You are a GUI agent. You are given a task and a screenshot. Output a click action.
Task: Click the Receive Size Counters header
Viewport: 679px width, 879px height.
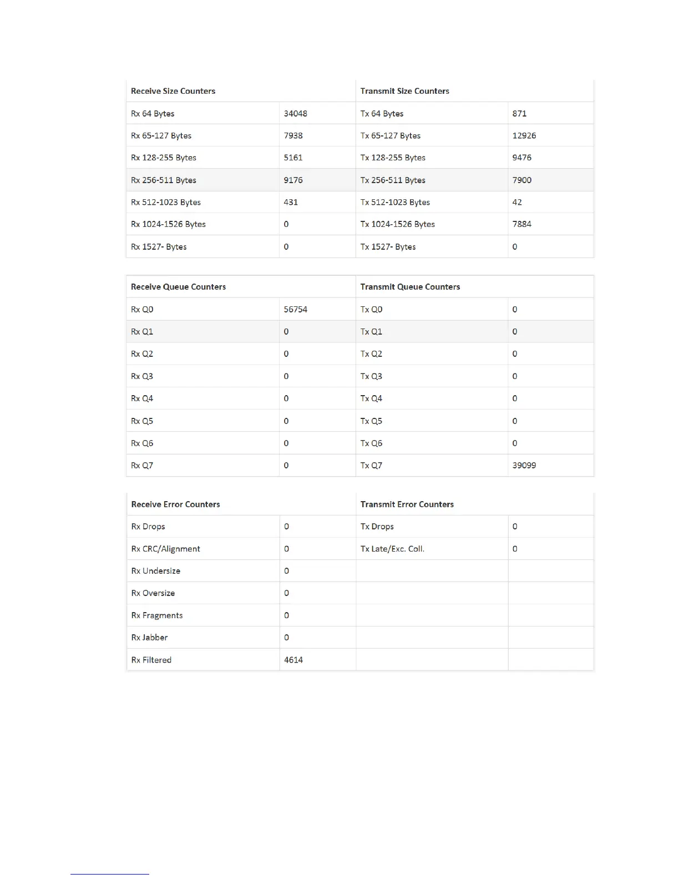pos(173,91)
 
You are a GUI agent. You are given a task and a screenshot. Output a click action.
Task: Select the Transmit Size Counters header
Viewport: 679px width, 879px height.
pos(404,91)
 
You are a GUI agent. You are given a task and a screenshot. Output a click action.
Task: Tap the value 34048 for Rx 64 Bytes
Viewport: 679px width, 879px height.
pos(295,114)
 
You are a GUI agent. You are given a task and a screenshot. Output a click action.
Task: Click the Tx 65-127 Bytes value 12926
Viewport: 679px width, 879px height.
pos(524,136)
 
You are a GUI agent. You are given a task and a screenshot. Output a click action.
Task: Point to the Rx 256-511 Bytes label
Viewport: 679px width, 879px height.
pos(164,180)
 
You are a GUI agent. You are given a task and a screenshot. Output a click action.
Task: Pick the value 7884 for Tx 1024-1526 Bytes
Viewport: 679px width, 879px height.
pos(521,224)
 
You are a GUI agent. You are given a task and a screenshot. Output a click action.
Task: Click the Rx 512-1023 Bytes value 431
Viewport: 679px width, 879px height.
pos(291,203)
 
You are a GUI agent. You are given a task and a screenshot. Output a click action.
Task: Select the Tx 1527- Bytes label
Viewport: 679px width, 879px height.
pos(388,247)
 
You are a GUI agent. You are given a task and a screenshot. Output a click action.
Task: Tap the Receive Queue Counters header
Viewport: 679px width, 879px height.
pos(178,287)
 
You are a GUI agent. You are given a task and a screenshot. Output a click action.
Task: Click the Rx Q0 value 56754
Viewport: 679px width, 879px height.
pos(295,310)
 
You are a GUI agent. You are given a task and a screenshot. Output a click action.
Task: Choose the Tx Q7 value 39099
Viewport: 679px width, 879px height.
pos(524,466)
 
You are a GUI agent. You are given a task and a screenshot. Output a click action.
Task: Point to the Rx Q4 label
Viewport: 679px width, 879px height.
pos(142,398)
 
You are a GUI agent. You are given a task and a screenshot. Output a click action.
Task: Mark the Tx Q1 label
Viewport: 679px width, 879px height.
pos(371,332)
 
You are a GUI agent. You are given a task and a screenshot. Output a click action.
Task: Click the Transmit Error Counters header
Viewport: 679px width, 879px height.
pos(407,504)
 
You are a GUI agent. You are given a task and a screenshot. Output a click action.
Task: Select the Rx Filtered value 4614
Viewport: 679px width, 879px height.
pos(293,660)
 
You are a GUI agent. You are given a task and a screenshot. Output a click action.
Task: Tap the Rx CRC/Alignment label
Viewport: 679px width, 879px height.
pos(165,549)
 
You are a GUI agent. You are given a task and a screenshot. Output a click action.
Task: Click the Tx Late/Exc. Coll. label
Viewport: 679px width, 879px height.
pos(392,549)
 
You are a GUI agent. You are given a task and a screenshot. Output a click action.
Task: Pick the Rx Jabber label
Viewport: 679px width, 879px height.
pos(149,638)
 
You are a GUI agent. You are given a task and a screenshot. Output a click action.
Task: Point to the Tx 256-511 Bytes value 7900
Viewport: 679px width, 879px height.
pos(521,180)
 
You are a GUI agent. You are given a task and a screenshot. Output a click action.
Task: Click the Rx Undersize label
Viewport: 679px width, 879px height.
pos(155,571)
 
